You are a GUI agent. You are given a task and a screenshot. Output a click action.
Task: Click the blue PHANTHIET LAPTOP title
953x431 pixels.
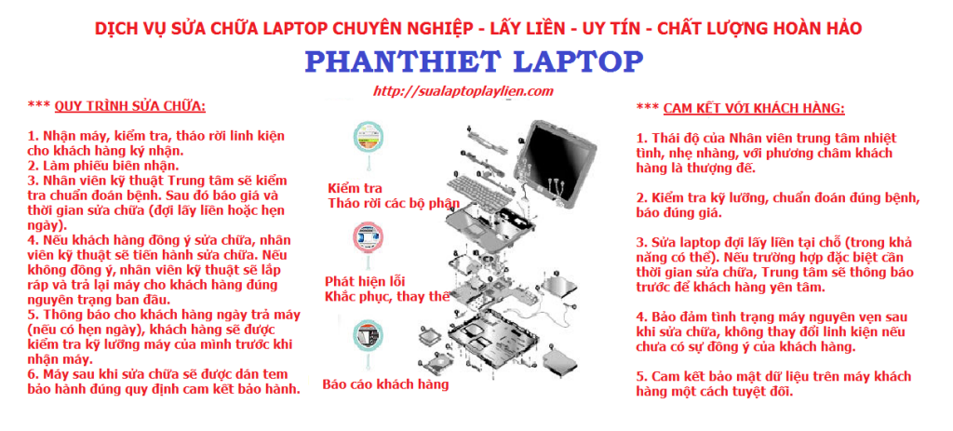[x=474, y=61]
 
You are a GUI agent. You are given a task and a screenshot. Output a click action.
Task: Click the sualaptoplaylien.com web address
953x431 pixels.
[x=463, y=91]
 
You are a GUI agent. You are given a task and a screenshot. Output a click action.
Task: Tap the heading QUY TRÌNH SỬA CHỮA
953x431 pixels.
[x=130, y=107]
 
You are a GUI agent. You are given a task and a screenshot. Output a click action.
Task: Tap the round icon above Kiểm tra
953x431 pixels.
[x=369, y=138]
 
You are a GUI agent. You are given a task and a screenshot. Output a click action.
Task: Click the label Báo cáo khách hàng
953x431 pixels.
[x=385, y=384]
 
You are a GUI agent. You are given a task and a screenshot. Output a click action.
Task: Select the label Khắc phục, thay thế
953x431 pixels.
[x=387, y=297]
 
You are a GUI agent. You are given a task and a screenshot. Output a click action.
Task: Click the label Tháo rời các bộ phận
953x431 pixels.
[x=394, y=202]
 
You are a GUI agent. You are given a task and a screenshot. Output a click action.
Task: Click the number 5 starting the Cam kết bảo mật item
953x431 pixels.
[x=639, y=376]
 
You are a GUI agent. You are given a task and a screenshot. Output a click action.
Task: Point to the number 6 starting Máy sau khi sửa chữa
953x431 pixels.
[x=31, y=374]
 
